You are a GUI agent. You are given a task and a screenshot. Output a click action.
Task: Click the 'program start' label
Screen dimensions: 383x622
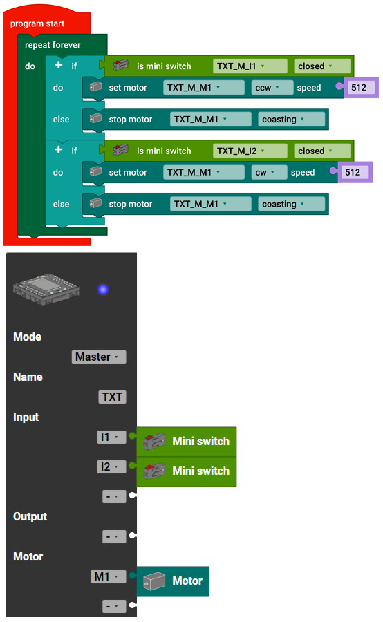37,23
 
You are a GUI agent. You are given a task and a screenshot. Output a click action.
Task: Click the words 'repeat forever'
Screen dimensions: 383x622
53,45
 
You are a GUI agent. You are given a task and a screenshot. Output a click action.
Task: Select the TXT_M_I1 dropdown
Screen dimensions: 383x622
250,66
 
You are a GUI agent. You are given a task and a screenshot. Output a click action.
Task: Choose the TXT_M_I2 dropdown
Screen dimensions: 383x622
250,151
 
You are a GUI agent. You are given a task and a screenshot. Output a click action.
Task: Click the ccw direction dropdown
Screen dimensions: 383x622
272,88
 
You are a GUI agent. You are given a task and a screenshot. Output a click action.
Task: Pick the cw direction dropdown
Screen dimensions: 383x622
269,173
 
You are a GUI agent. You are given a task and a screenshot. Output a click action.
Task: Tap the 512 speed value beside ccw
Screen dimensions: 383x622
359,88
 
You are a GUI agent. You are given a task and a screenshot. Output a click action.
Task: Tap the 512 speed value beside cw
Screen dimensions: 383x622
353,173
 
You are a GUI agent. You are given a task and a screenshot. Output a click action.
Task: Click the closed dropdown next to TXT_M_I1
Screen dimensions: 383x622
322,66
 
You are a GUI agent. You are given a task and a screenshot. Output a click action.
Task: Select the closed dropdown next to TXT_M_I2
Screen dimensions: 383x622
322,151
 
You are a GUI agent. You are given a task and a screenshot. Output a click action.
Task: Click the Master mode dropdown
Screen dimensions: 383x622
99,357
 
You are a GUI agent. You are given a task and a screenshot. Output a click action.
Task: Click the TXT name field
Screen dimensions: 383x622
112,397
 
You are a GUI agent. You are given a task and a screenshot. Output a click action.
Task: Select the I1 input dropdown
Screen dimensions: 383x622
111,437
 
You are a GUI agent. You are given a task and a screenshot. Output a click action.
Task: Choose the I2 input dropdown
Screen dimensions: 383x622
111,467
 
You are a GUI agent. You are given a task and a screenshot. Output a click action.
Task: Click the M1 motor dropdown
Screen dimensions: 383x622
109,577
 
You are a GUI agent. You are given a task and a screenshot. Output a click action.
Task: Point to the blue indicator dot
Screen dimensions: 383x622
103,290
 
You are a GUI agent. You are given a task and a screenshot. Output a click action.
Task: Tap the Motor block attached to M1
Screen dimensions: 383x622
173,581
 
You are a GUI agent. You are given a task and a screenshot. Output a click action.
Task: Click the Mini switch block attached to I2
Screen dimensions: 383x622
187,471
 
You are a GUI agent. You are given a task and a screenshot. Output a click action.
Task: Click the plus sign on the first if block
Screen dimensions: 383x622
59,65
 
